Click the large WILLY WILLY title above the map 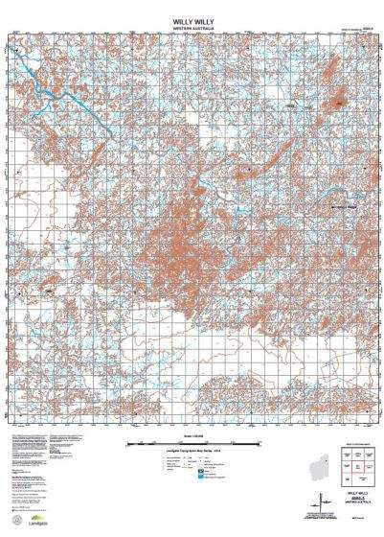tap(192, 18)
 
